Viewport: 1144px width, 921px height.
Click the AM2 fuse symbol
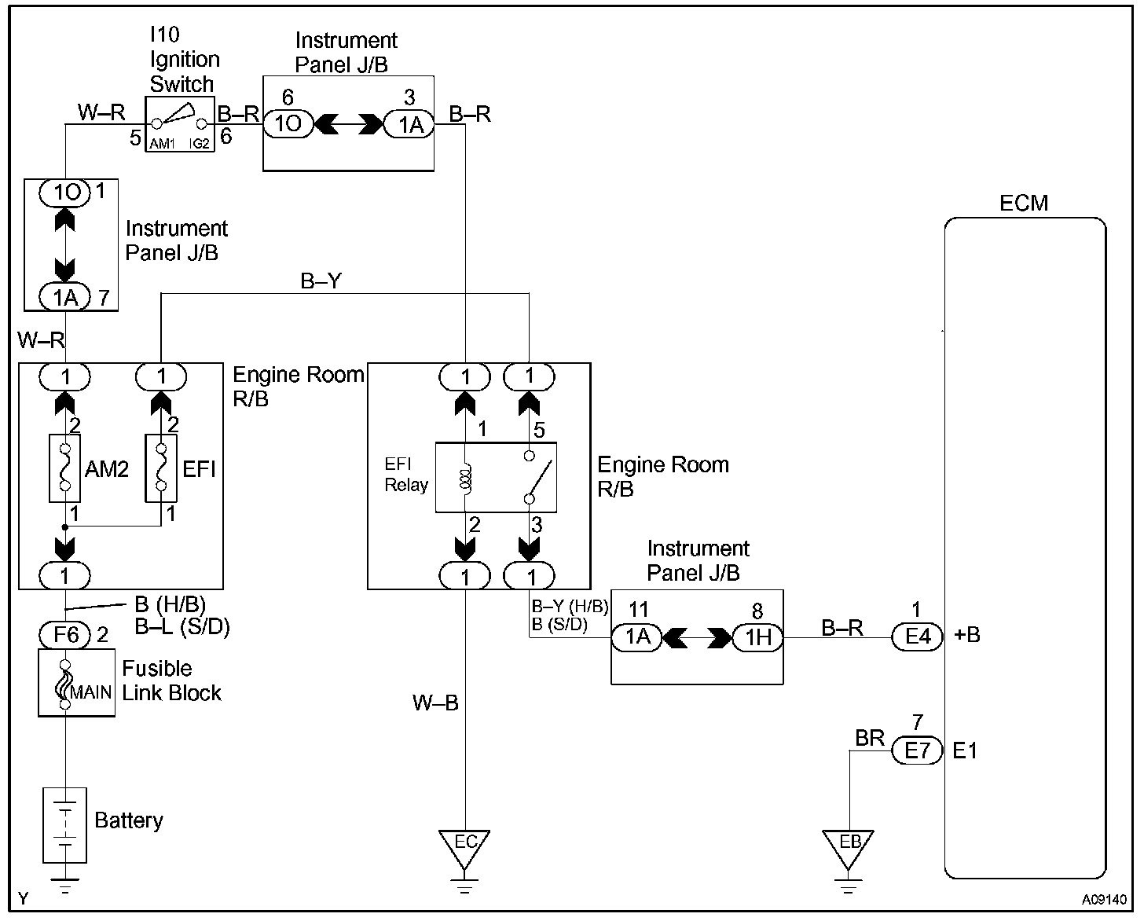[65, 468]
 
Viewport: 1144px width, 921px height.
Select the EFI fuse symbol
[161, 468]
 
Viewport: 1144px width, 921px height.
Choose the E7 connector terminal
[917, 751]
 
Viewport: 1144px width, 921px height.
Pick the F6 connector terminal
[65, 633]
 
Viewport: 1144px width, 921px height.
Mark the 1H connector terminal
[758, 637]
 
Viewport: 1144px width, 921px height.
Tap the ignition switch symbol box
[180, 125]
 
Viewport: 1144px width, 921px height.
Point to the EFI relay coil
[465, 479]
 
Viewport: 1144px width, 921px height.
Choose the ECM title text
[1024, 203]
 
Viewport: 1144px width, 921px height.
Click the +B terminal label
[967, 635]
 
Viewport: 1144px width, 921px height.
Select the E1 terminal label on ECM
[965, 751]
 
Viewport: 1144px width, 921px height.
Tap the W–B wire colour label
[435, 703]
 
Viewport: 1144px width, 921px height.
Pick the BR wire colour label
[870, 738]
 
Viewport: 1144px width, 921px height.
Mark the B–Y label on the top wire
[321, 281]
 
